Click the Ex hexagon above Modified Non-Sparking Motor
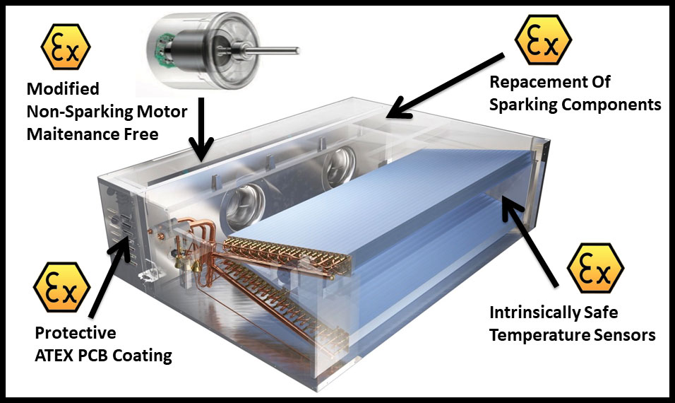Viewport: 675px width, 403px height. [66, 47]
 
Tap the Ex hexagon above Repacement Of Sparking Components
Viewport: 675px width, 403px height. [543, 39]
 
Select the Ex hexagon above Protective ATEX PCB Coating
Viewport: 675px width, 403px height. [62, 287]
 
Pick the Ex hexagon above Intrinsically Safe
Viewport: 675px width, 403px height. [596, 268]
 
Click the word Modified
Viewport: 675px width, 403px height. [63, 88]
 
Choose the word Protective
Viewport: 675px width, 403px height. [76, 333]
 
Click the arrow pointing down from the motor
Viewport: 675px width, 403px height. [201, 129]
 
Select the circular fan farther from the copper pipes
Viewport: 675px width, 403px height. [340, 166]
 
